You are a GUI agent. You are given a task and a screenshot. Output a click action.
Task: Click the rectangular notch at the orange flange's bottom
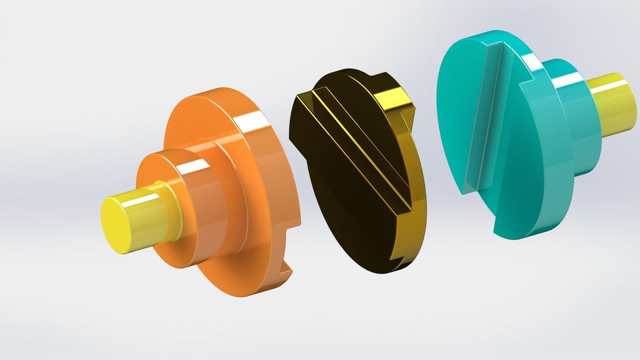point(285,267)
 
